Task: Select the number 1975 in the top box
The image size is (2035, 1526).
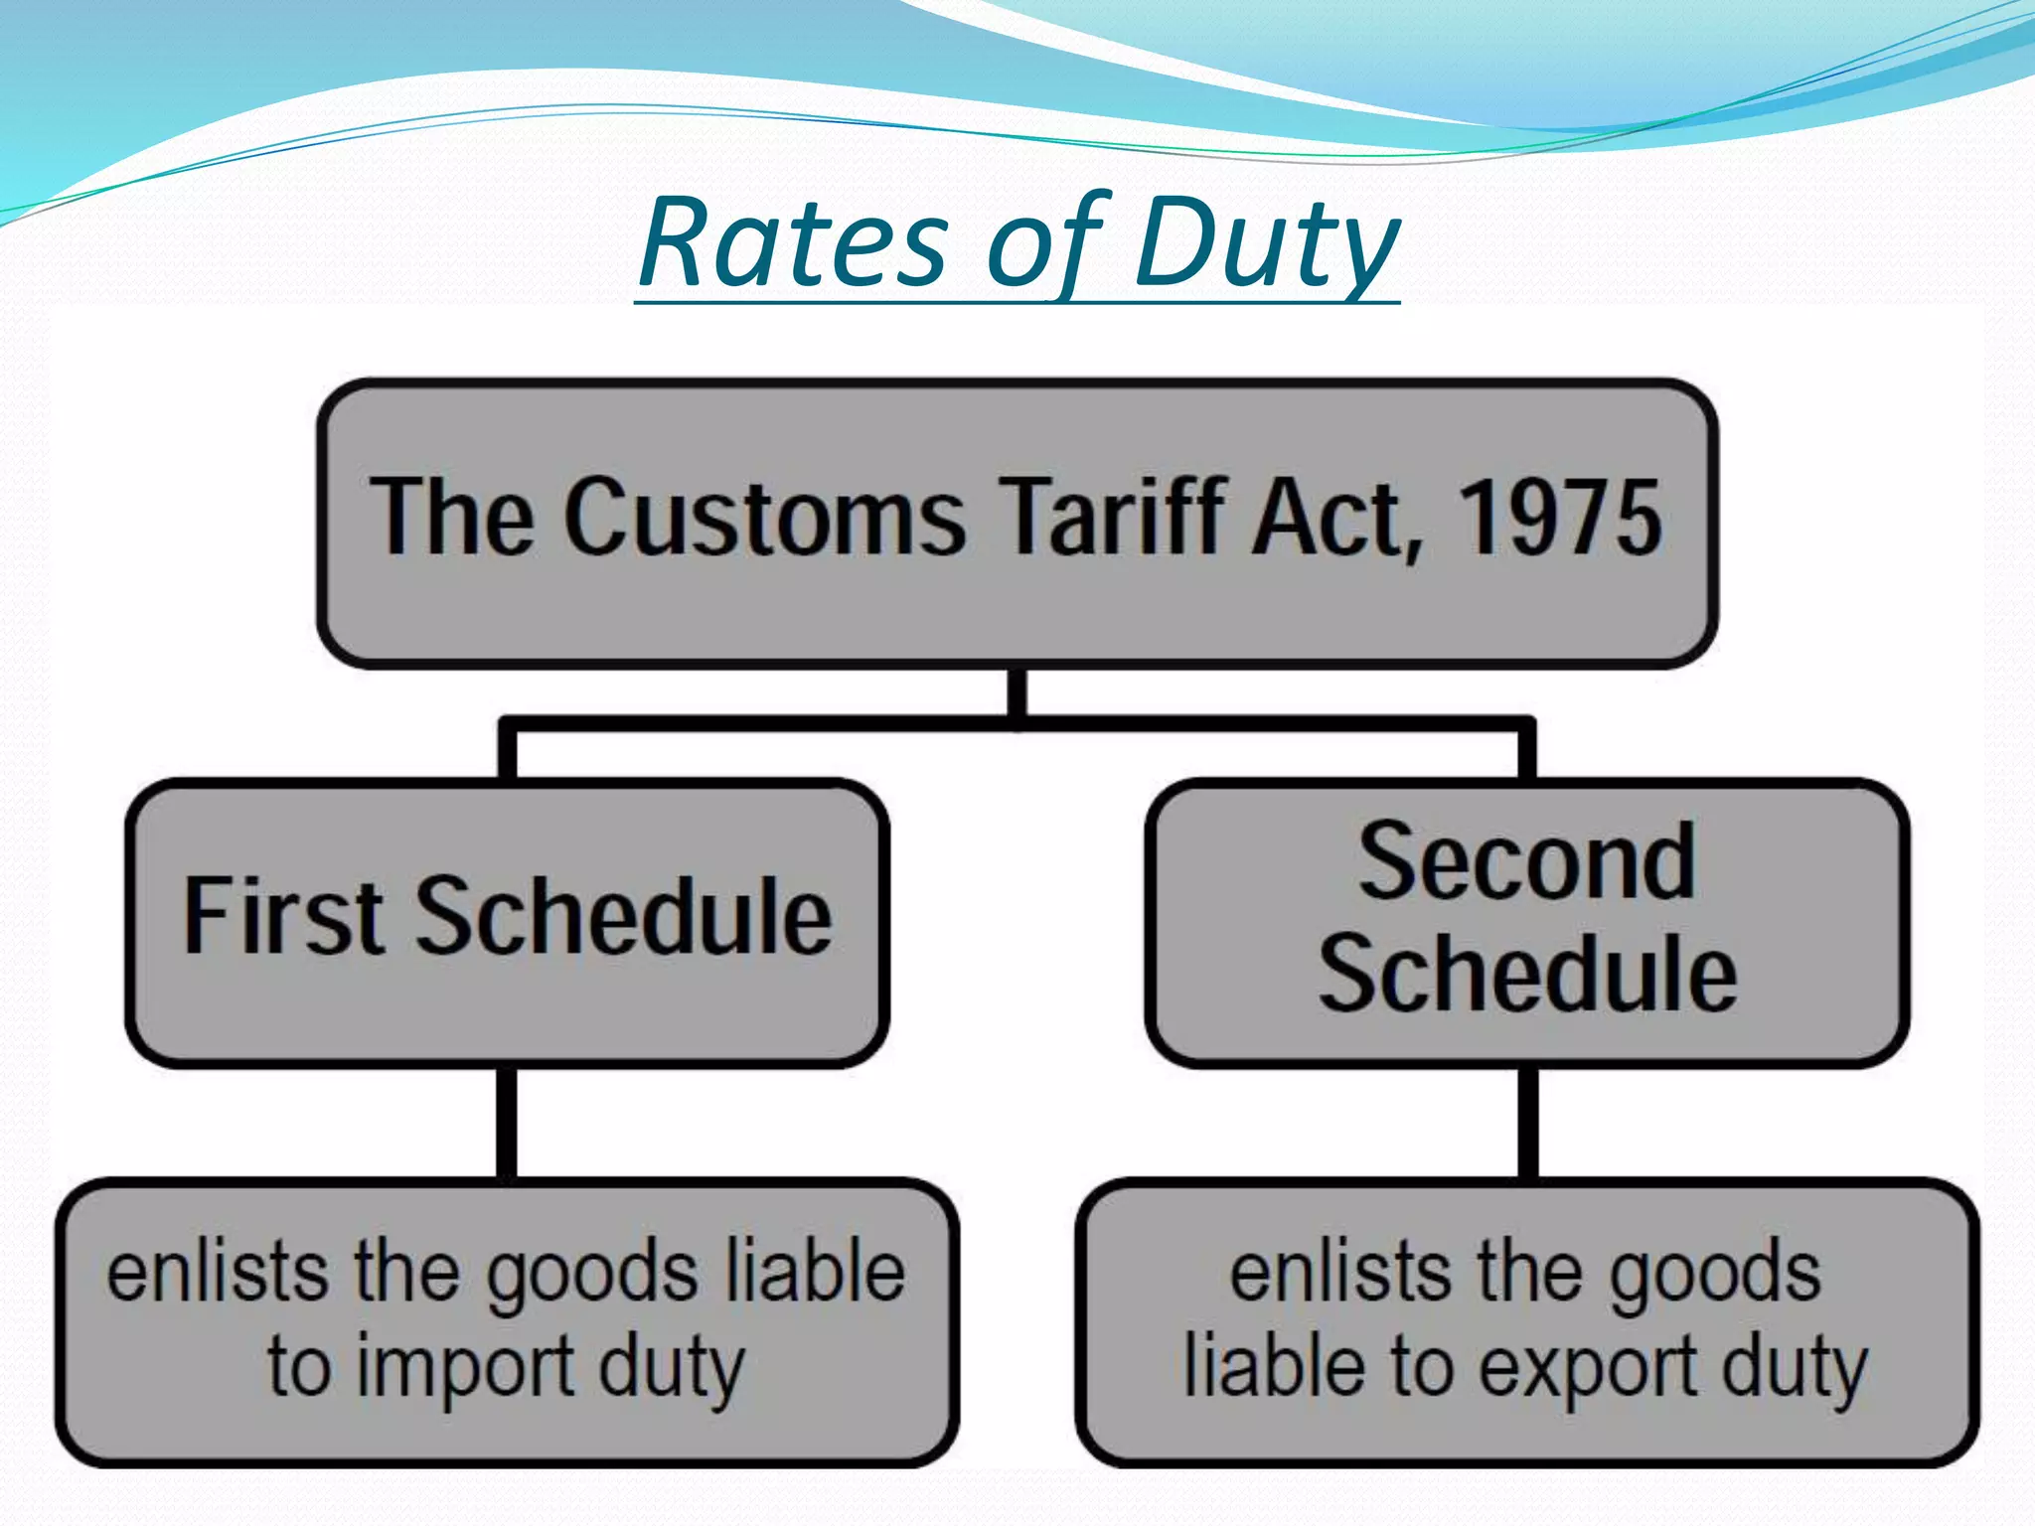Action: [1560, 517]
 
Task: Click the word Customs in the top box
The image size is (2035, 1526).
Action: [765, 517]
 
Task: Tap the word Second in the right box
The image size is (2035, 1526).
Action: [1527, 861]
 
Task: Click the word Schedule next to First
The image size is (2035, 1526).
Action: [622, 915]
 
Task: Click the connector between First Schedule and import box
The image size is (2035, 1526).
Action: [507, 1123]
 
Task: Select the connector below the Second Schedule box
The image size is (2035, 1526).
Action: [1528, 1123]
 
